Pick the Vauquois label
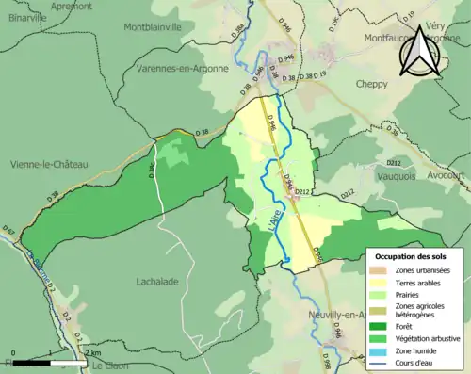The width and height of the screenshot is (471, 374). click(382, 175)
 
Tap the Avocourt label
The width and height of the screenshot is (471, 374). click(447, 175)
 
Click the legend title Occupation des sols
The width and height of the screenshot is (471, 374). click(413, 255)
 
